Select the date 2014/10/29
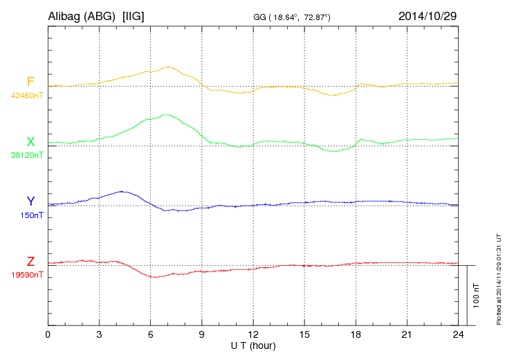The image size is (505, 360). click(428, 15)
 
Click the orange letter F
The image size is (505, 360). click(30, 82)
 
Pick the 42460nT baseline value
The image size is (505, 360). click(27, 96)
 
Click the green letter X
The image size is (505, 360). click(30, 142)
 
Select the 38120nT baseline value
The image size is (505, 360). click(27, 156)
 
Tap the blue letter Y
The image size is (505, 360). click(30, 201)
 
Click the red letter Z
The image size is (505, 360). click(30, 261)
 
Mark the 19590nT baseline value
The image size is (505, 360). click(27, 275)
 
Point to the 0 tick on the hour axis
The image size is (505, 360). click(48, 334)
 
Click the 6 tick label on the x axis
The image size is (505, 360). click(151, 334)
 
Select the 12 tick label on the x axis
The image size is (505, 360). click(253, 334)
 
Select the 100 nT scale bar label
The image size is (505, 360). click(475, 296)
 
